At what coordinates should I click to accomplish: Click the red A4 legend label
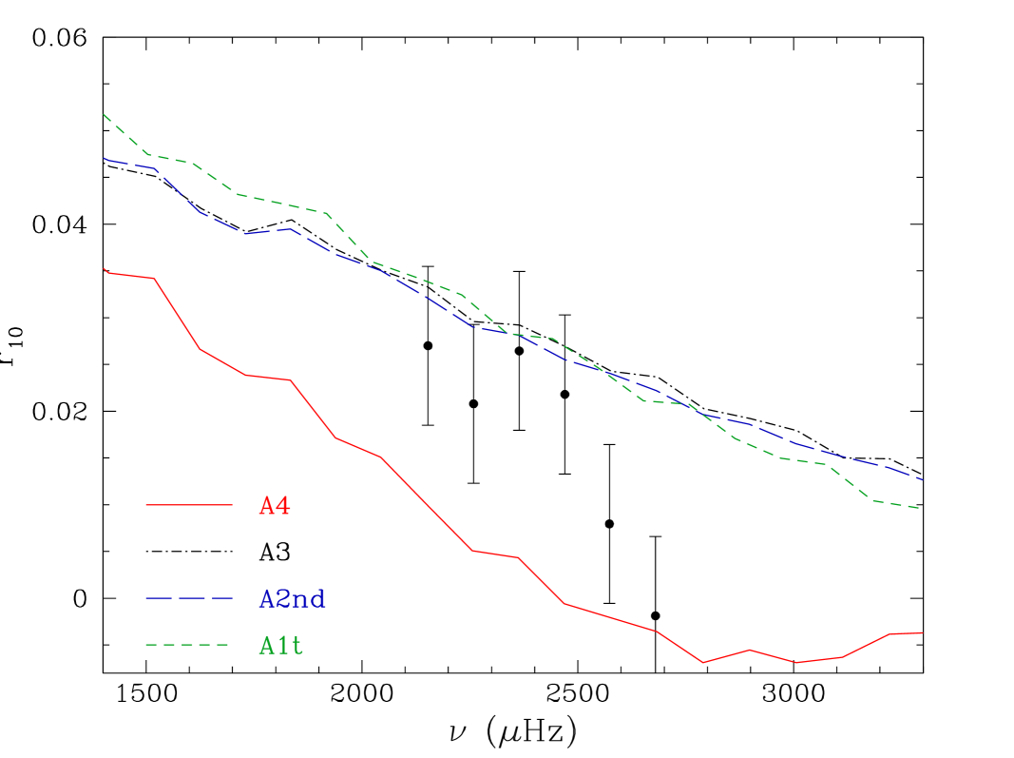275,506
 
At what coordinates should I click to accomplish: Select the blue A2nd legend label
293,599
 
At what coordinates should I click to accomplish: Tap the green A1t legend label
281,646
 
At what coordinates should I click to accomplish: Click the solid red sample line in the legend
188,505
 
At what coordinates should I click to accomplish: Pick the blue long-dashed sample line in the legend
188,598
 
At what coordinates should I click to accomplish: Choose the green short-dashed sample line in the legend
188,645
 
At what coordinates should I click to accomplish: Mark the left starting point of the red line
104,269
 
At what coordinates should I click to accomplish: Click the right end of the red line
922,632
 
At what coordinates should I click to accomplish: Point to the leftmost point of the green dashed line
104,115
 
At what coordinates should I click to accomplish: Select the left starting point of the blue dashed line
104,158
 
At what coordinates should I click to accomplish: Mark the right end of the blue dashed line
922,479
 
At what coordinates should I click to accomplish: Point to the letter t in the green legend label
297,646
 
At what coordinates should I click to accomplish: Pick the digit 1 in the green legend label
283,646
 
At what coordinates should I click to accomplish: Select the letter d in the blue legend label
318,599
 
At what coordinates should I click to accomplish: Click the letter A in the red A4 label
267,506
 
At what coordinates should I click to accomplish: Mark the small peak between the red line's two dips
750,650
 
